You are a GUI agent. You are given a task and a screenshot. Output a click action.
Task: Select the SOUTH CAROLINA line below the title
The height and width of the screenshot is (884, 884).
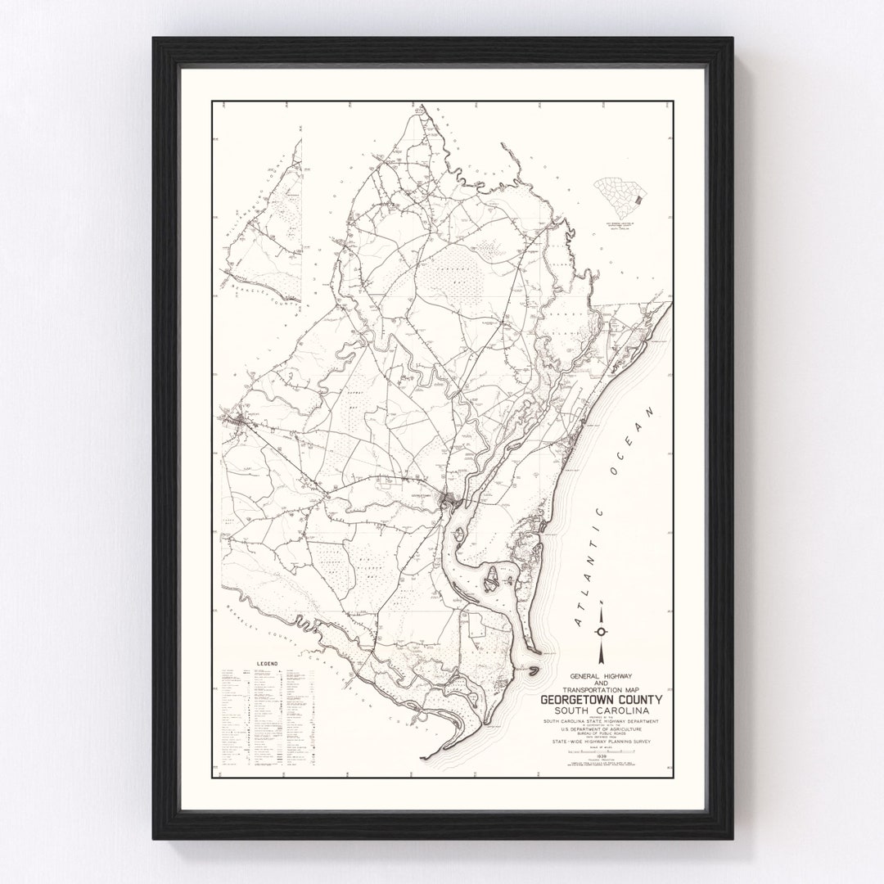click(601, 711)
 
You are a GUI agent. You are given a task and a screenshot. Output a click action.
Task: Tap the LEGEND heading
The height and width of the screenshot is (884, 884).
click(268, 663)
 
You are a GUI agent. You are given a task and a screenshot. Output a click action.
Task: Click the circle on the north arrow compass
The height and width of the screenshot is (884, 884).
click(602, 631)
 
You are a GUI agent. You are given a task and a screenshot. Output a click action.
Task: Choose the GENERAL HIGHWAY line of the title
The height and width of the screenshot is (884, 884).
click(601, 675)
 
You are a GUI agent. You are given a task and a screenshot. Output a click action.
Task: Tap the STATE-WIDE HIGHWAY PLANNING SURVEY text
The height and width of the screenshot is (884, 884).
click(601, 741)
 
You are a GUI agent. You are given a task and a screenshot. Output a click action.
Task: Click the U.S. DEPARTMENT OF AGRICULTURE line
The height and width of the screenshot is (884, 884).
click(601, 727)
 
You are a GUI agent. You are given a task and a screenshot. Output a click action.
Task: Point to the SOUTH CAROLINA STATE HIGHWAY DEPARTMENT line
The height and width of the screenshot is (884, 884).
click(601, 720)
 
